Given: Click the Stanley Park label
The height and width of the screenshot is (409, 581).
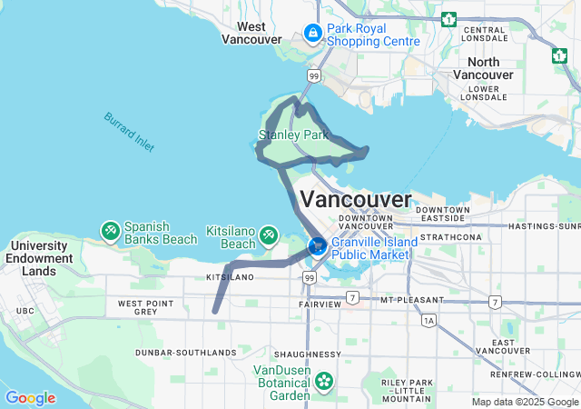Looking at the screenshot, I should tap(292, 135).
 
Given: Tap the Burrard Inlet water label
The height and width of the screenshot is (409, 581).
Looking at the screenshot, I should tap(129, 132).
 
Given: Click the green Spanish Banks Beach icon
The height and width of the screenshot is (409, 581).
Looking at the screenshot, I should tap(110, 232).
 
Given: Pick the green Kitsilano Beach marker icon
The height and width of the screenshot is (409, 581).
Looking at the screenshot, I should tap(269, 236).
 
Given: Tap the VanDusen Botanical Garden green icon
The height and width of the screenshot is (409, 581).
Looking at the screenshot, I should tap(322, 382).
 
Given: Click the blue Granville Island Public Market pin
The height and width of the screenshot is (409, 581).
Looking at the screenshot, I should tap(318, 245).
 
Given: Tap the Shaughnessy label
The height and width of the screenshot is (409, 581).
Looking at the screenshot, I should tap(310, 354).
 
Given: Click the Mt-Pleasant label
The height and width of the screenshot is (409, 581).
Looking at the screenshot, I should tap(413, 299).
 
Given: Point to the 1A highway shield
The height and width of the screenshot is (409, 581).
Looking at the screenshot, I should tap(428, 320).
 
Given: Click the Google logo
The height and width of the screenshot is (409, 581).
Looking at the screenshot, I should tap(30, 398).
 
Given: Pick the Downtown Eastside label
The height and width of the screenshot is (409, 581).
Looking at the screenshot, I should tap(444, 214).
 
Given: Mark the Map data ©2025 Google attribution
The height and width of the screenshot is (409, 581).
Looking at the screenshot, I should tap(523, 402).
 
